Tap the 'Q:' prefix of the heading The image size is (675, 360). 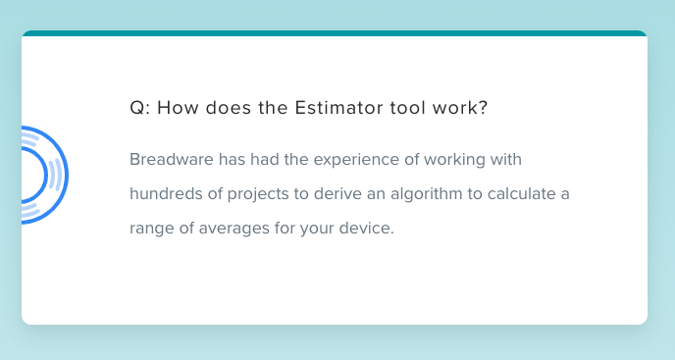pos(138,108)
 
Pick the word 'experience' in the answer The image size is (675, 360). pos(343,159)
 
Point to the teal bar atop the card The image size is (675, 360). pos(334,33)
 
